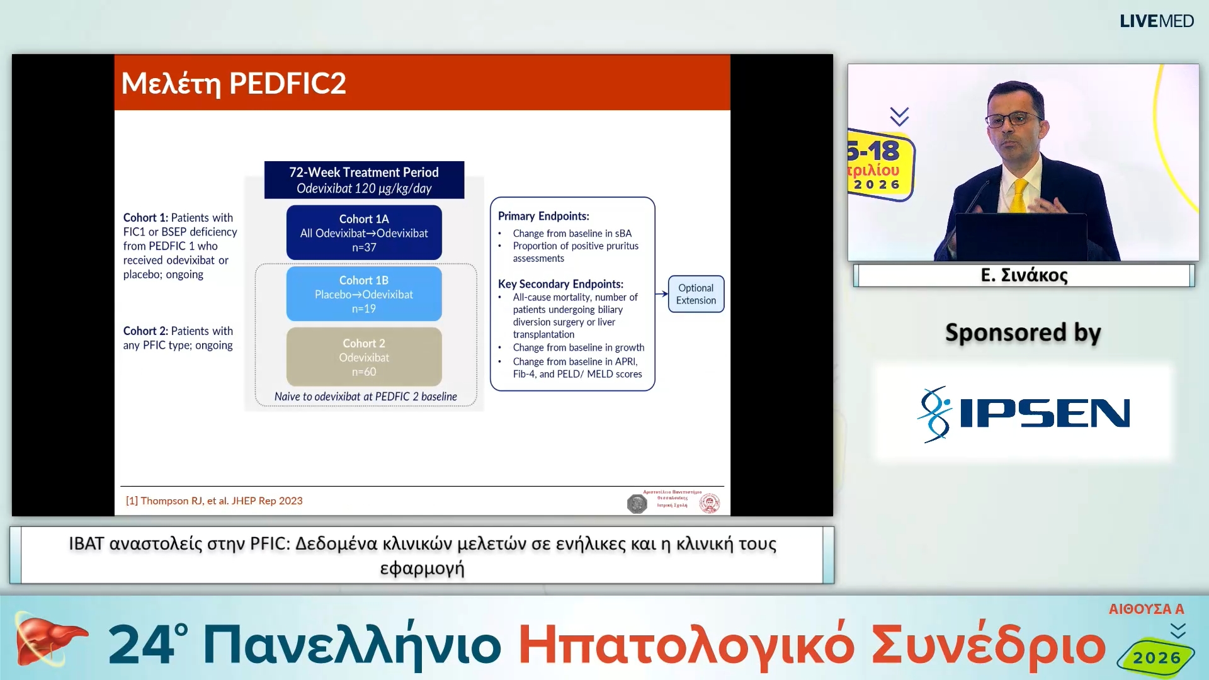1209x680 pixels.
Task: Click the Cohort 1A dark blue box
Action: tap(364, 232)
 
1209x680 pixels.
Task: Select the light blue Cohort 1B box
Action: tap(364, 294)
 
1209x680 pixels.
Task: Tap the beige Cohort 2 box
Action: tap(364, 357)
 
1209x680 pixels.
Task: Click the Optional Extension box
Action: tap(696, 294)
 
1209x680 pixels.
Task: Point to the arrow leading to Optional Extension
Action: tap(661, 293)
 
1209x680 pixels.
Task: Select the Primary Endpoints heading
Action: tap(543, 216)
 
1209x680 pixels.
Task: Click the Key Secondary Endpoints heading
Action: tap(560, 284)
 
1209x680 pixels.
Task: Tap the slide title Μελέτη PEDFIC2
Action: tap(234, 83)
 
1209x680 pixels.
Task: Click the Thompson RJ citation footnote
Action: tap(214, 501)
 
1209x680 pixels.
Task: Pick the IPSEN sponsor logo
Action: tap(1023, 414)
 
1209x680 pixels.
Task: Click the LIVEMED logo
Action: tap(1156, 21)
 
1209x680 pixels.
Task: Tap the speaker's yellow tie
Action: tap(1019, 195)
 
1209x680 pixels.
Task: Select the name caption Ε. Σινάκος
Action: tap(1024, 275)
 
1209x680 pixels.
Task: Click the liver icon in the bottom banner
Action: tap(47, 640)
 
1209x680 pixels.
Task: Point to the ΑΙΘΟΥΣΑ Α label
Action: tap(1146, 609)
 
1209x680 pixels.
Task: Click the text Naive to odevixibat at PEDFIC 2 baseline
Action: tap(365, 397)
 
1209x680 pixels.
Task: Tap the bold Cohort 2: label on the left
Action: tap(145, 331)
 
